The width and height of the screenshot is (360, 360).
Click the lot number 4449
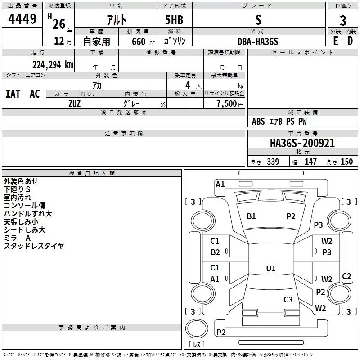coord(22,18)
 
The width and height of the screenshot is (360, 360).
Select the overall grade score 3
coord(343,21)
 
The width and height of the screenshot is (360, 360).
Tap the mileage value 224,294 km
coord(53,65)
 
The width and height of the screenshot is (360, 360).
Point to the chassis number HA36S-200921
coord(302,143)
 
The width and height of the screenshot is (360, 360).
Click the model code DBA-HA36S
coord(258,41)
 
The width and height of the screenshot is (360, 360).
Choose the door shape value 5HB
coord(174,20)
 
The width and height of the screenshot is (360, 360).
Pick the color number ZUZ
coord(74,104)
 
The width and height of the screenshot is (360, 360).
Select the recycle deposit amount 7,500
coord(227,103)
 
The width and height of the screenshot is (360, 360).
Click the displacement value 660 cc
coord(143,41)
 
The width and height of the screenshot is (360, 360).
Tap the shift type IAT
coord(13,94)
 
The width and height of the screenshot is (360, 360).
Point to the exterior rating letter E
coord(336,41)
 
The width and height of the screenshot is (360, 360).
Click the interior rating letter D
coord(350,41)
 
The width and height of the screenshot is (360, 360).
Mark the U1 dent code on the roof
coord(271,268)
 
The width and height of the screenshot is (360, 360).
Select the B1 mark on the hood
coord(251,216)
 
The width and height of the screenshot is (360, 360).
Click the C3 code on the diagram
coord(288,299)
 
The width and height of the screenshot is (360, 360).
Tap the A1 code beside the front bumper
coord(220,184)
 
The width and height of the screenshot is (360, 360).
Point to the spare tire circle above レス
coord(197,328)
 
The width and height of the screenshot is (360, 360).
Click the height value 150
coord(346,162)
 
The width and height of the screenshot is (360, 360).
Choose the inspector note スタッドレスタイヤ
coord(34,246)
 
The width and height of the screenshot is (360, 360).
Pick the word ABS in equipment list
coord(258,121)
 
